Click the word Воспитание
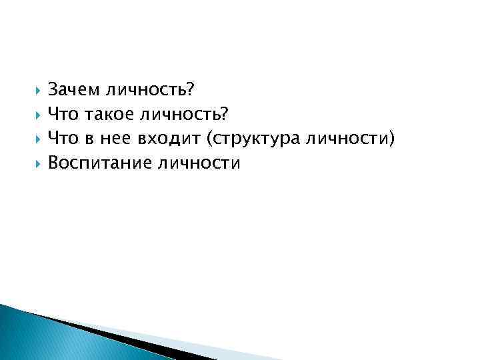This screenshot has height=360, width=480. click(99, 163)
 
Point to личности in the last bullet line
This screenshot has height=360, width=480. click(197, 163)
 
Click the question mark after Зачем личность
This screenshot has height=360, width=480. click(189, 89)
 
